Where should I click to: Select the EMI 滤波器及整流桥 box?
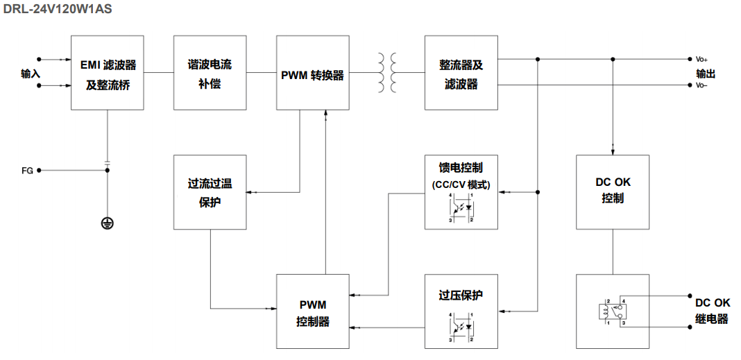108,73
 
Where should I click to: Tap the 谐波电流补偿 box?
210,73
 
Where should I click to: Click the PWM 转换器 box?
312,74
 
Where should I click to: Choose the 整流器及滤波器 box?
461,73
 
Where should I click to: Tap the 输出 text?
706,73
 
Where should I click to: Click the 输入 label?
31,73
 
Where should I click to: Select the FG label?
27,169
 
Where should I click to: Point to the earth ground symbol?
108,223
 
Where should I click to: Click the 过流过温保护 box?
210,192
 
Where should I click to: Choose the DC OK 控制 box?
613,191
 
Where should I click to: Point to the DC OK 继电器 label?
712,311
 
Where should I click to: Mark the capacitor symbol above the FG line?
108,164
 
